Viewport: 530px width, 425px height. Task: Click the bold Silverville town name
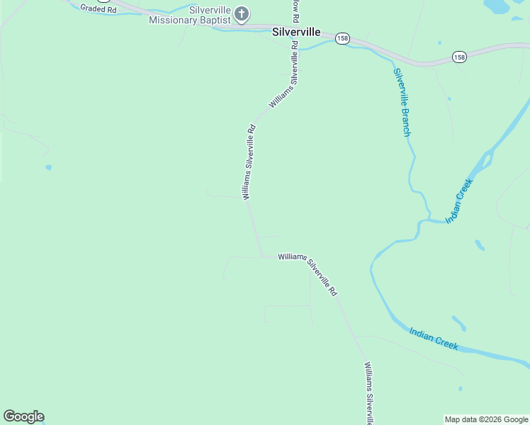coord(296,33)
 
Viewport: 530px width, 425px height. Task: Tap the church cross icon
coord(242,13)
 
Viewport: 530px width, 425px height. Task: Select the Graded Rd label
coord(98,8)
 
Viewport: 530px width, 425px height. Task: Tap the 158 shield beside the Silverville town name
coord(342,39)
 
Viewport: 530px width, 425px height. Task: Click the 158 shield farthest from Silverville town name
coord(459,57)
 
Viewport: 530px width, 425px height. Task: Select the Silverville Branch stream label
coord(402,102)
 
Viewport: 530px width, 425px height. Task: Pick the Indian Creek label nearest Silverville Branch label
coord(458,201)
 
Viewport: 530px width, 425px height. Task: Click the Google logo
coord(23,416)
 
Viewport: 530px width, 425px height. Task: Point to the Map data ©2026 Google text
coord(487,419)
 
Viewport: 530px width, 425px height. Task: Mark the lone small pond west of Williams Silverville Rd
coord(48,167)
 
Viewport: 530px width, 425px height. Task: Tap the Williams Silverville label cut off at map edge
coord(368,393)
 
